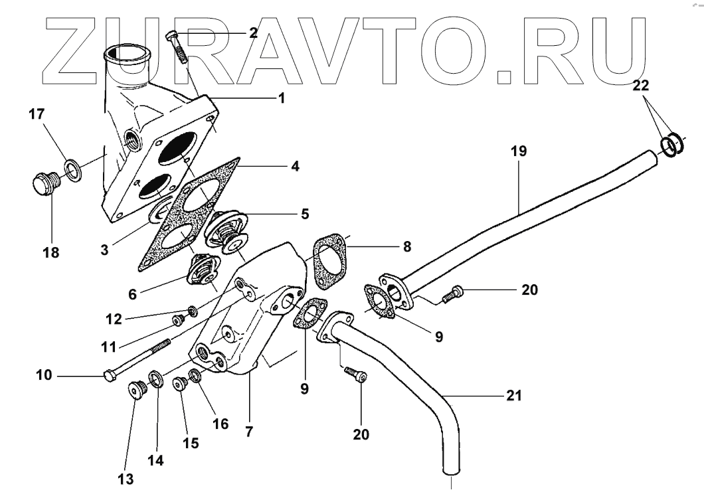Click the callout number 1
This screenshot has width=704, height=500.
[x=281, y=98]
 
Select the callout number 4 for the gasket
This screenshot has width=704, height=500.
[x=295, y=166]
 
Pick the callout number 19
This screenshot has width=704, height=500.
[x=519, y=151]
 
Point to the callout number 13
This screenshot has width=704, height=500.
[x=126, y=479]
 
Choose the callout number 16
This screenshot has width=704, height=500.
[x=220, y=424]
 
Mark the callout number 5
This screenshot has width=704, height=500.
[x=304, y=214]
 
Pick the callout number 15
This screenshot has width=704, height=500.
[x=191, y=442]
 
